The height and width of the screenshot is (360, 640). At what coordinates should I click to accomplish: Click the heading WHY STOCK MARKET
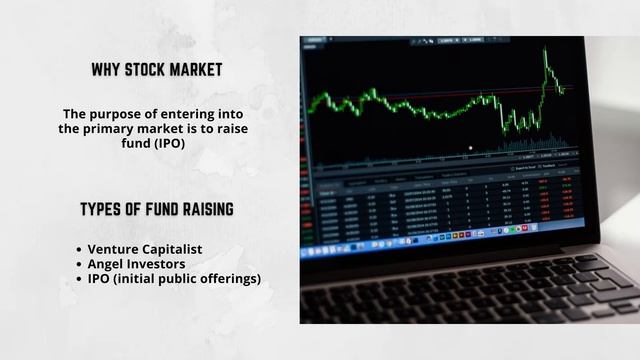(x=157, y=70)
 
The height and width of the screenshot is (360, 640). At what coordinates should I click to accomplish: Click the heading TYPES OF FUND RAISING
(x=157, y=209)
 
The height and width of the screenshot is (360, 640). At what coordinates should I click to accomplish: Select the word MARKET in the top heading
(x=200, y=70)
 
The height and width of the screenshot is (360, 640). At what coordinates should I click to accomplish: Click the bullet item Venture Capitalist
(x=146, y=248)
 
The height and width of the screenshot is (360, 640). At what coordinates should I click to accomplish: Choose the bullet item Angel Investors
(x=136, y=263)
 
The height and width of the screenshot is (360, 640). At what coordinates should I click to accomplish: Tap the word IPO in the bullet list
(x=101, y=278)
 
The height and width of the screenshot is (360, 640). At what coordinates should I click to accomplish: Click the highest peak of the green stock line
(x=546, y=51)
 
